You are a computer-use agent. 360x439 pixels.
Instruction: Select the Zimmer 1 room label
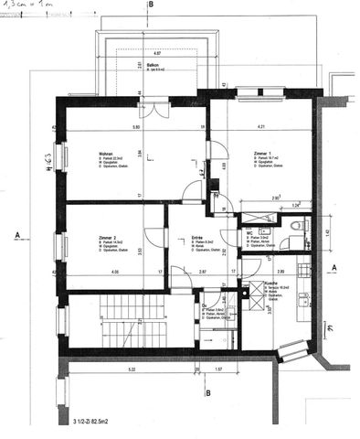tap(239, 153)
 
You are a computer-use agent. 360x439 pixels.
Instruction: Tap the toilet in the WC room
tap(288, 241)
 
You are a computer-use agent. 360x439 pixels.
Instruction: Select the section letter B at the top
tap(151, 5)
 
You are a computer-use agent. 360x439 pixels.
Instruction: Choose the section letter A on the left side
tap(18, 235)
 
